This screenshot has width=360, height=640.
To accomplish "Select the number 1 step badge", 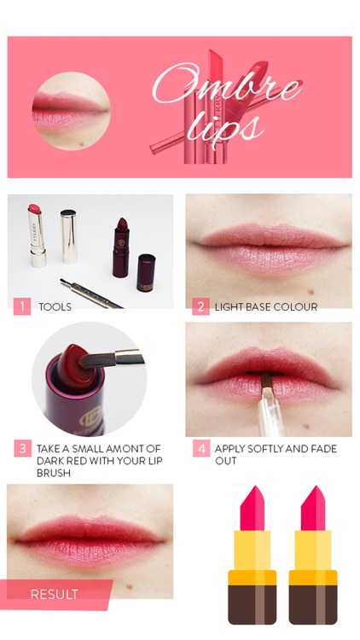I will (x=22, y=306).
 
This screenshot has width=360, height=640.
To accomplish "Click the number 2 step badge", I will (x=200, y=306).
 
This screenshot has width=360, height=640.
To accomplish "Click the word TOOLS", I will (x=55, y=306).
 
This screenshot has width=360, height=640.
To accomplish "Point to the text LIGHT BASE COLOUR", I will (x=265, y=306).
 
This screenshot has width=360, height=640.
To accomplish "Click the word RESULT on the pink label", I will (x=54, y=594).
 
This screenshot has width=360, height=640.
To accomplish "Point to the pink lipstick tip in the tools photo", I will (x=35, y=210).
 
